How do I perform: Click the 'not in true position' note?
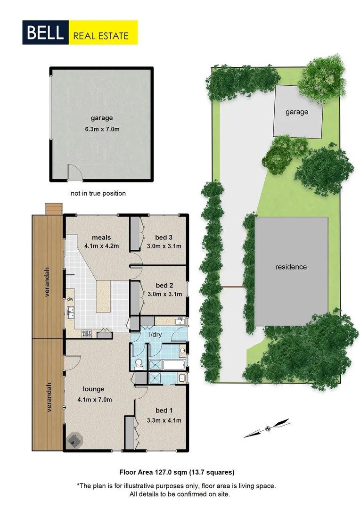click(98, 193)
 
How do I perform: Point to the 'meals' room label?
click(101, 237)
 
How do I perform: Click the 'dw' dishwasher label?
click(70, 298)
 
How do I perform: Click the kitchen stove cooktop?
click(86, 334)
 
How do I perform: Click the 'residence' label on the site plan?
click(291, 267)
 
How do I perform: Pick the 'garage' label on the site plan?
click(297, 112)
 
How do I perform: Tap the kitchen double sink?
click(72, 312)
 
